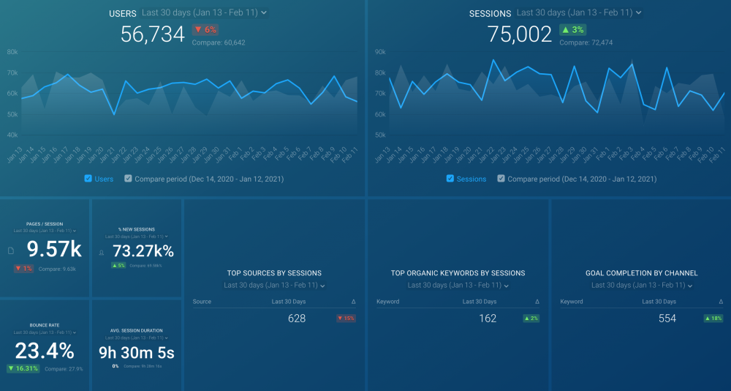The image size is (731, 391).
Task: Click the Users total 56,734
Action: (152, 34)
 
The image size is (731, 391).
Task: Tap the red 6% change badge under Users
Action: (205, 30)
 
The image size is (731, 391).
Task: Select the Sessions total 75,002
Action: (520, 34)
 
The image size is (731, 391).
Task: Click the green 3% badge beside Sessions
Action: (573, 30)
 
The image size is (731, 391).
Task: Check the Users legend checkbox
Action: (88, 179)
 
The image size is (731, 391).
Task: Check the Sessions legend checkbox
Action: (450, 179)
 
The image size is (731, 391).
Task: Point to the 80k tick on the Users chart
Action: (12, 52)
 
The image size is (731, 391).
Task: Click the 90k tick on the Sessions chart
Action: (379, 52)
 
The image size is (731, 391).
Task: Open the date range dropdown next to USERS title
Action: (204, 13)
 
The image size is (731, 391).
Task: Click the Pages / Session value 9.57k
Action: (54, 250)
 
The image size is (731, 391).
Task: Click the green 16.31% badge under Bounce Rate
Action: (23, 369)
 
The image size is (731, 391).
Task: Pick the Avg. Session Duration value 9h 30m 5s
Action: (137, 353)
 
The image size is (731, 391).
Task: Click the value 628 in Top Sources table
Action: (297, 319)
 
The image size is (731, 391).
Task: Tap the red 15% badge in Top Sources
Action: (345, 319)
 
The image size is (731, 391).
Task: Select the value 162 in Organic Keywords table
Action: (488, 319)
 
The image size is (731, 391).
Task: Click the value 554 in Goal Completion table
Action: (667, 319)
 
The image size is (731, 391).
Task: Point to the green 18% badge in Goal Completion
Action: (713, 319)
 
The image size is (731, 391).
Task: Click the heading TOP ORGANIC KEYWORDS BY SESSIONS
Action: (458, 273)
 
